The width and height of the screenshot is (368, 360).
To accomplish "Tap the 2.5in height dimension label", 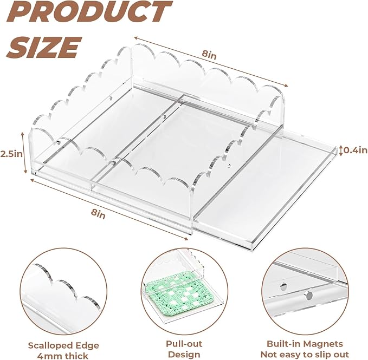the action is (11, 154).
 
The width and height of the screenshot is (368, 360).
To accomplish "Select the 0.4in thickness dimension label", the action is (356, 150).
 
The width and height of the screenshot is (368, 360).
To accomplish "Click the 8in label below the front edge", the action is (98, 214).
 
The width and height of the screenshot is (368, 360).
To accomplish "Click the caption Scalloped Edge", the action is (63, 345).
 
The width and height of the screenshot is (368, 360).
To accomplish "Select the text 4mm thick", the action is (62, 356).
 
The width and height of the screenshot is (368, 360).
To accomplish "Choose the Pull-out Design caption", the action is (184, 349).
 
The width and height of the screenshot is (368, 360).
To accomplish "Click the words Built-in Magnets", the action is (305, 344).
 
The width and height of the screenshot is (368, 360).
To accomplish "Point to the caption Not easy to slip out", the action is (305, 354).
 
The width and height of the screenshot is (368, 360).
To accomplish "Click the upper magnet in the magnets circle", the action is (284, 286).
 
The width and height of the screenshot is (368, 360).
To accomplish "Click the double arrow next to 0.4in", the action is (341, 150).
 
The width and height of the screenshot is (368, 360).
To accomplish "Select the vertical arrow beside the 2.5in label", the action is (24, 153).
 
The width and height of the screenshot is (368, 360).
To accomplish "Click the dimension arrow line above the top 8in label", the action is (211, 62).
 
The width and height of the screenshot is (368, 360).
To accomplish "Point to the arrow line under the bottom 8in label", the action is (109, 210).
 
